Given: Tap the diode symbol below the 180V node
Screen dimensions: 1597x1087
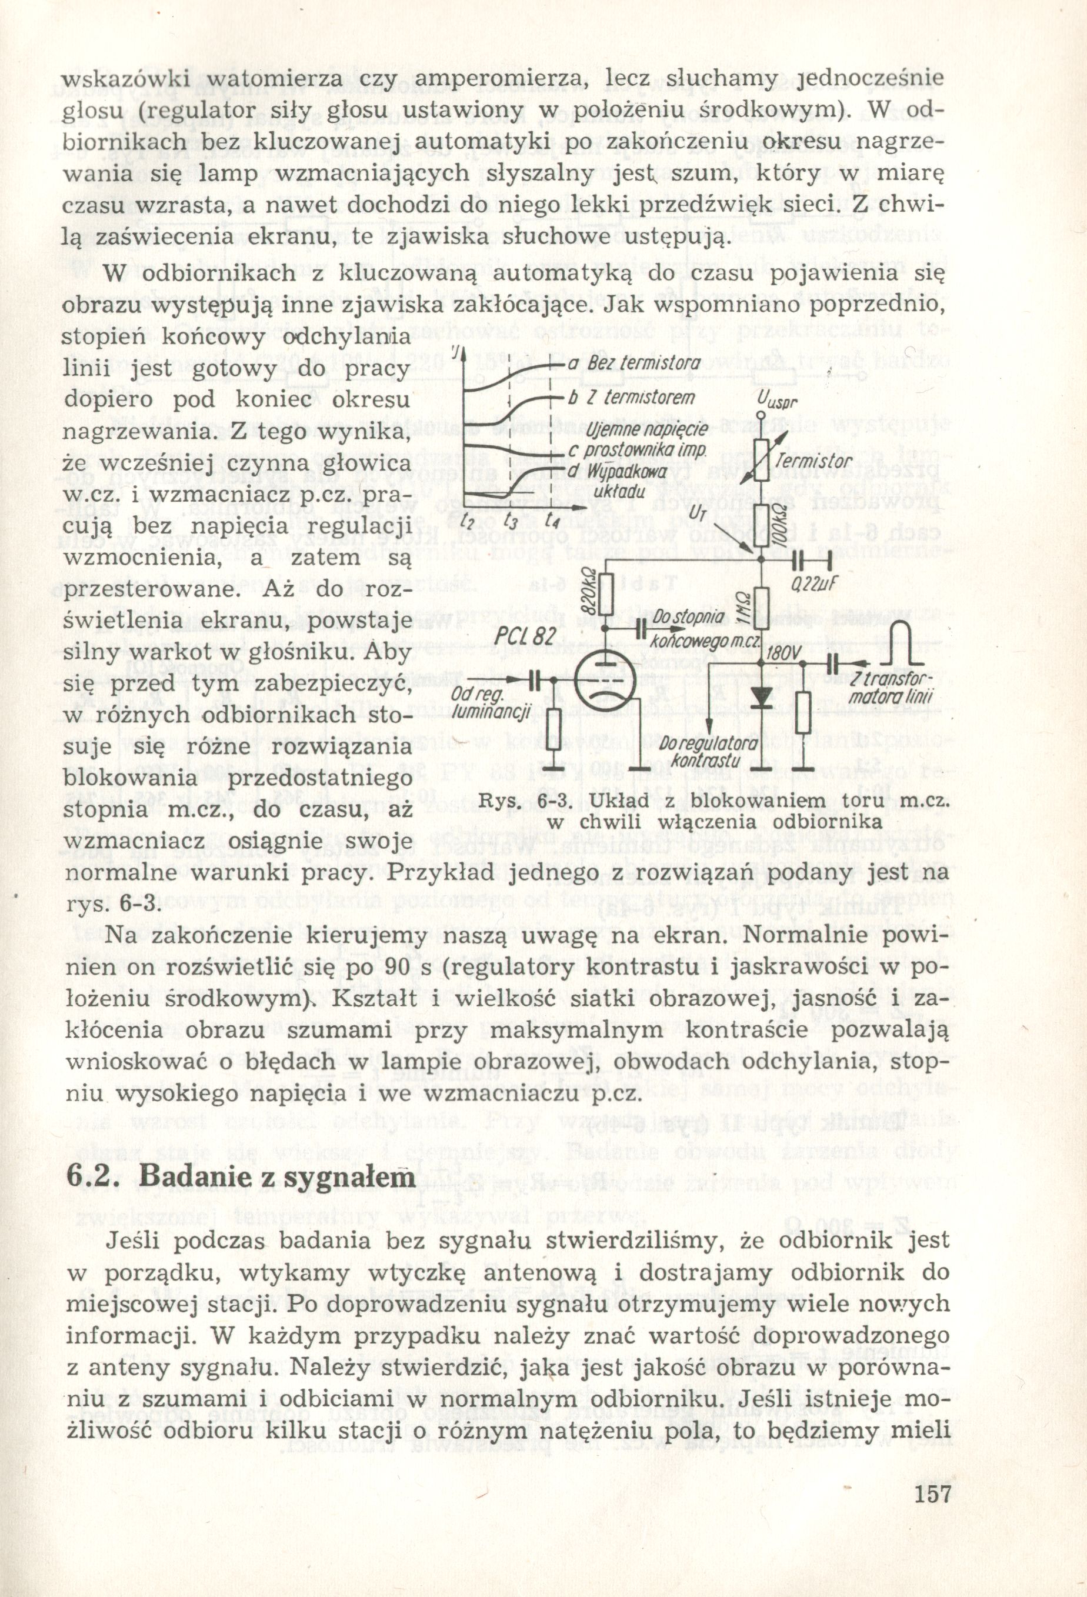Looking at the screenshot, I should click(761, 698).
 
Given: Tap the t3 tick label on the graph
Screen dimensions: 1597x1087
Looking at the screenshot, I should click(511, 521).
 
